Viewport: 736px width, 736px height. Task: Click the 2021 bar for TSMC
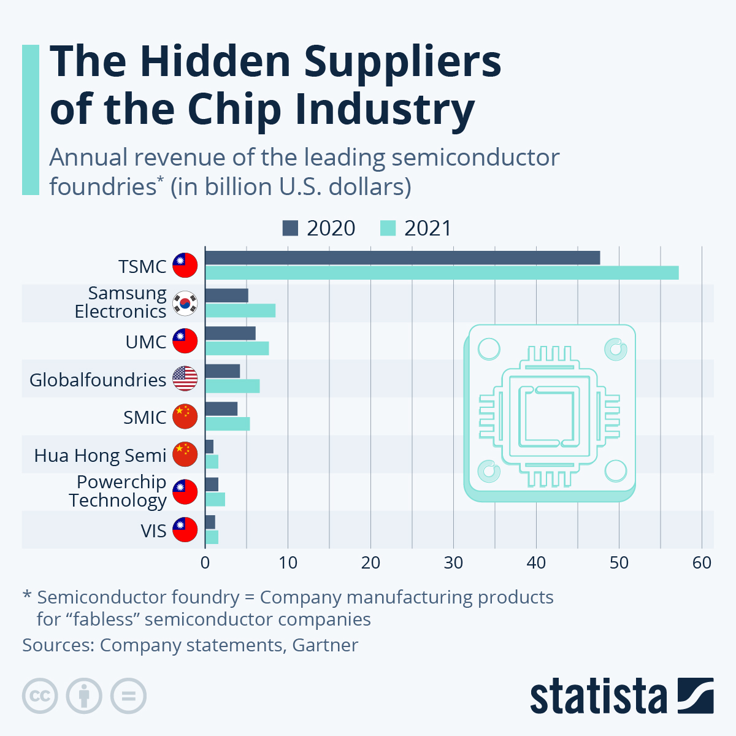pyautogui.click(x=442, y=273)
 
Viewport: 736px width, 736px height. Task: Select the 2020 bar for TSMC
pyautogui.click(x=402, y=258)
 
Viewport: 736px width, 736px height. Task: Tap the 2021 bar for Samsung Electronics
pyautogui.click(x=240, y=311)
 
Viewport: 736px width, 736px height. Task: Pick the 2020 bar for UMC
pyautogui.click(x=230, y=333)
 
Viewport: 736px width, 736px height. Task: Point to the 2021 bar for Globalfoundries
pyautogui.click(x=232, y=386)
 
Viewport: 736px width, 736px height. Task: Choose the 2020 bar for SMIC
pyautogui.click(x=221, y=408)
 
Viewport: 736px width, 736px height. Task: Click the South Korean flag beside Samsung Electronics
pyautogui.click(x=185, y=304)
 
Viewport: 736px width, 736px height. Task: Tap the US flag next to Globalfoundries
pyautogui.click(x=185, y=379)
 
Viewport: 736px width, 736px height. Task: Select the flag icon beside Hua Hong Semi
pyautogui.click(x=185, y=454)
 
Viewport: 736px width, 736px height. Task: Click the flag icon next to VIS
pyautogui.click(x=185, y=530)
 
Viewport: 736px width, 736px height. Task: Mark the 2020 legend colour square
pyautogui.click(x=290, y=228)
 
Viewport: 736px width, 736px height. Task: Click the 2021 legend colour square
pyautogui.click(x=388, y=228)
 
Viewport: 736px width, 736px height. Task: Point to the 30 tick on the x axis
pyautogui.click(x=453, y=562)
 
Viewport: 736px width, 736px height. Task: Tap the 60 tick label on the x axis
pyautogui.click(x=702, y=562)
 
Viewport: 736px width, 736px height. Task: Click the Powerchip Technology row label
pyautogui.click(x=118, y=491)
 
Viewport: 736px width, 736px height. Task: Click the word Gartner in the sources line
pyautogui.click(x=325, y=645)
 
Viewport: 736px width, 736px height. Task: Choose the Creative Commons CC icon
pyautogui.click(x=40, y=696)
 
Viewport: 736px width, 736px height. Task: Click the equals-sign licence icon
pyautogui.click(x=128, y=696)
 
